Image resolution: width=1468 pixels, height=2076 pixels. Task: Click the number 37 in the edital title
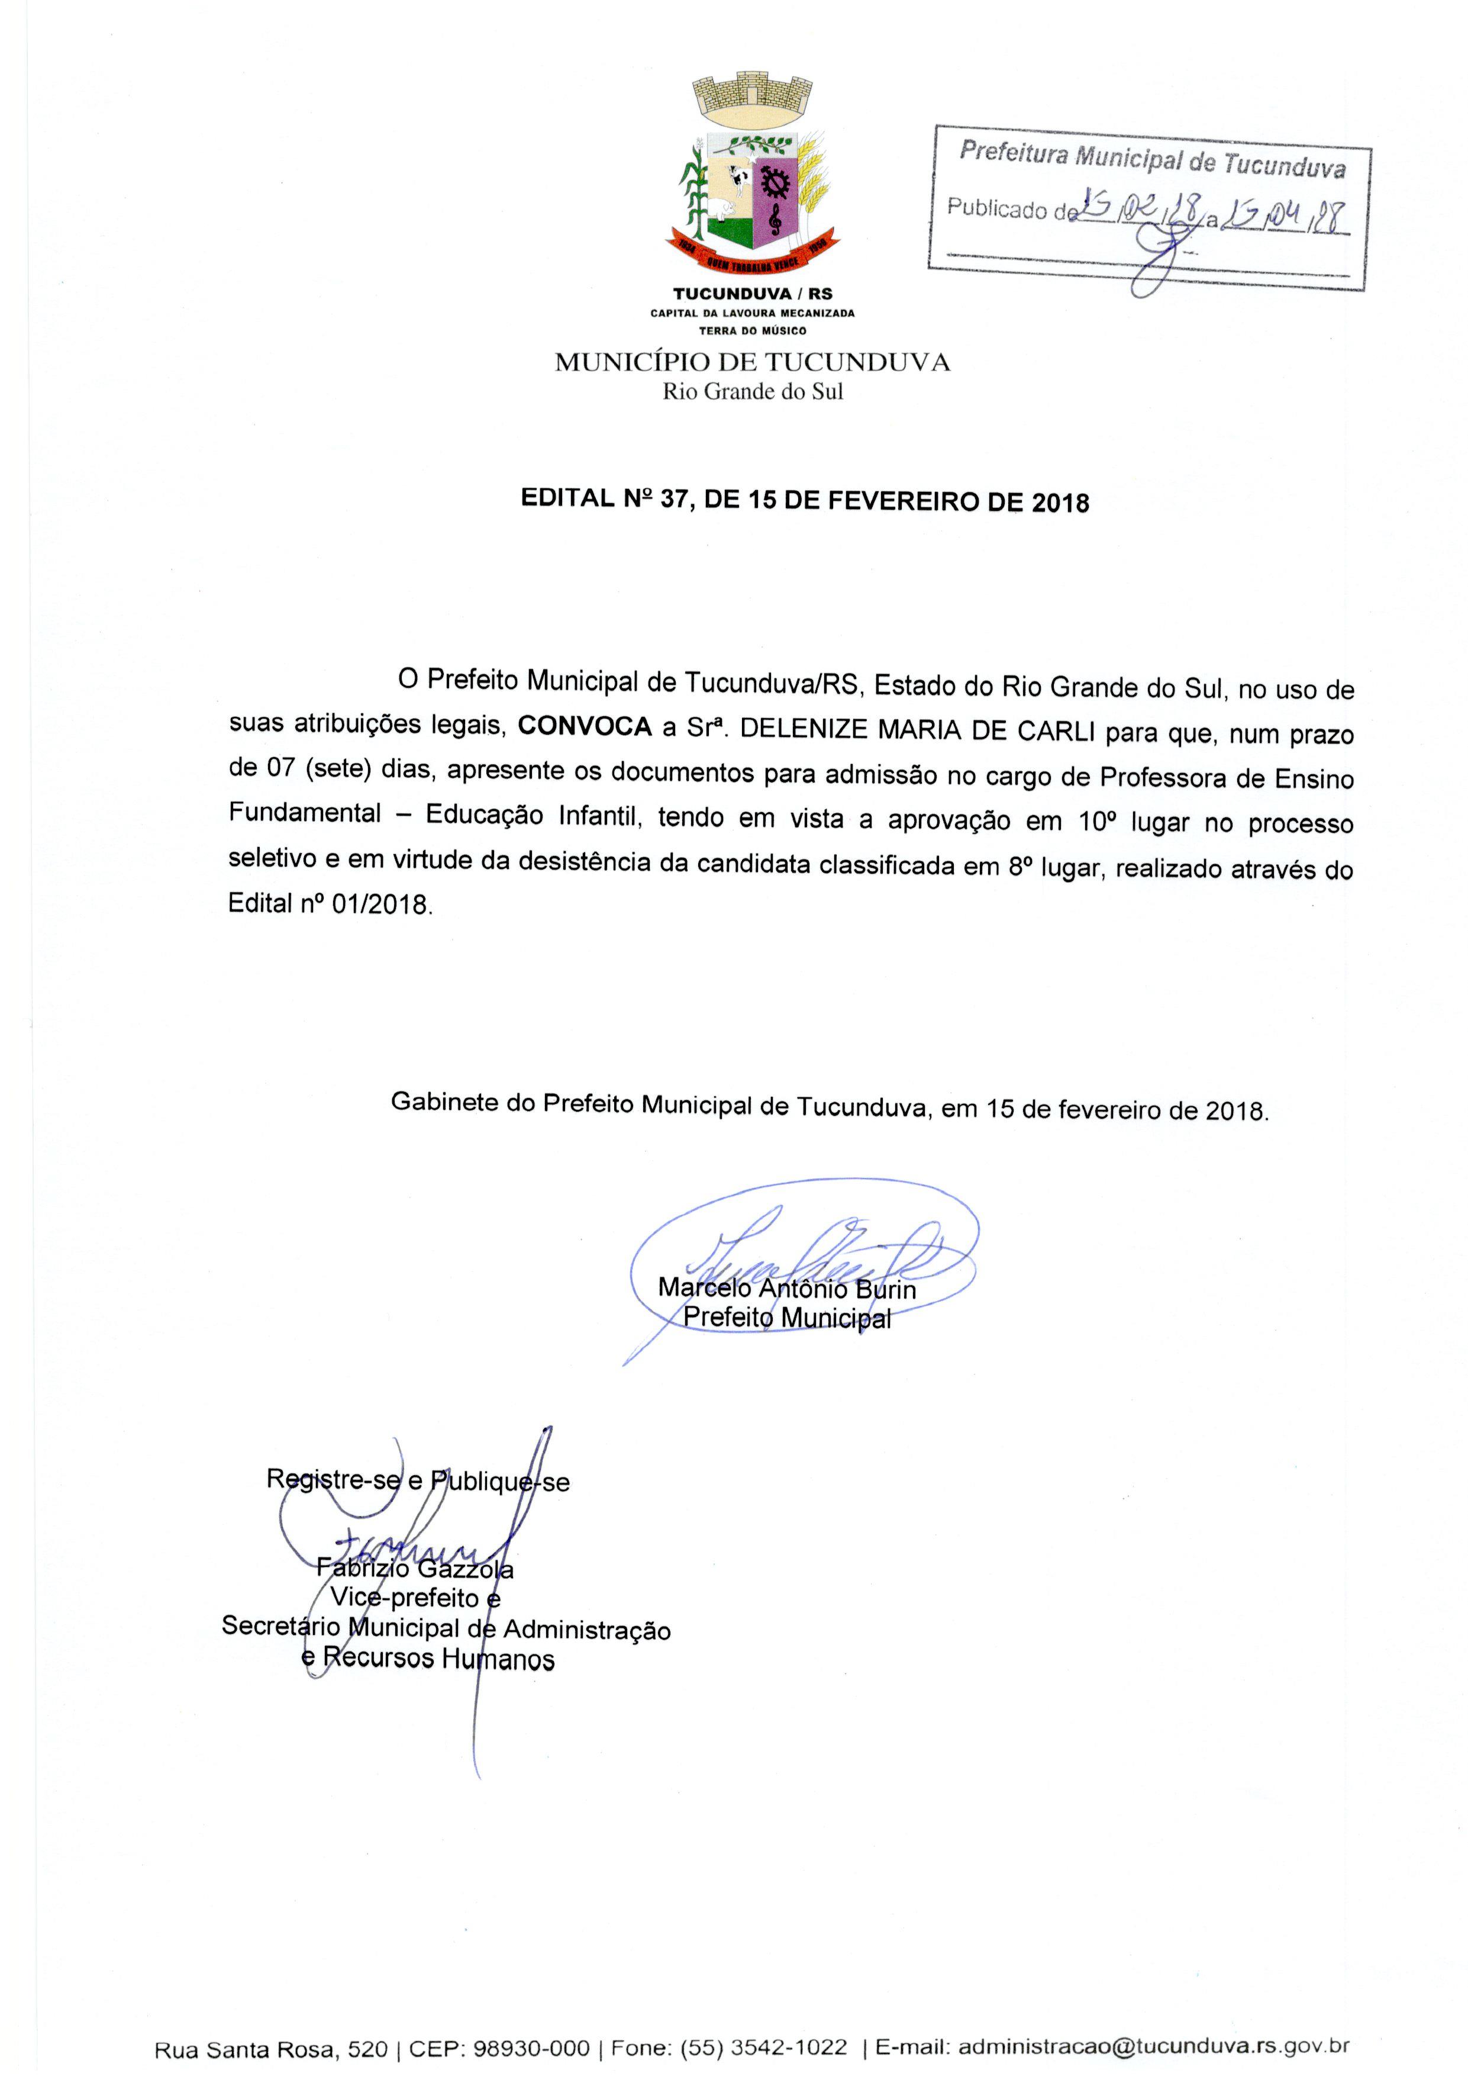click(x=675, y=500)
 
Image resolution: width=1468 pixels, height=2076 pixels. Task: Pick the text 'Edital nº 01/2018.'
click(x=331, y=903)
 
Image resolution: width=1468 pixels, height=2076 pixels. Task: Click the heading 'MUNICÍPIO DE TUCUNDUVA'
click(x=752, y=363)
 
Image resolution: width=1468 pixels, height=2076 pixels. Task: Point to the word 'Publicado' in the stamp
click(x=997, y=208)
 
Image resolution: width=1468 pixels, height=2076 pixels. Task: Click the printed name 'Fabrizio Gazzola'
click(x=415, y=1569)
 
